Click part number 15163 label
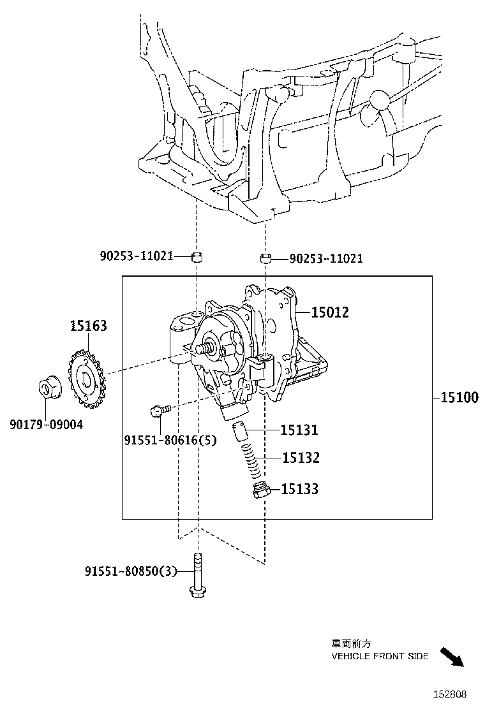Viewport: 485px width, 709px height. coord(88,326)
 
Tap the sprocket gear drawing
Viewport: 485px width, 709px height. coord(85,380)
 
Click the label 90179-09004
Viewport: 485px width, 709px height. coord(46,425)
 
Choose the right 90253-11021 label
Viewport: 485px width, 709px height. coord(326,258)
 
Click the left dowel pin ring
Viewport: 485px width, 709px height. coord(198,257)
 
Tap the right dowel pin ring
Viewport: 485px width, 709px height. coord(266,258)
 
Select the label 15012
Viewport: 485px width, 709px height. coord(330,312)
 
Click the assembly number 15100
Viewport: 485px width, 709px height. coord(459,398)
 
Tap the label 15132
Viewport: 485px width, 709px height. coord(301,458)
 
